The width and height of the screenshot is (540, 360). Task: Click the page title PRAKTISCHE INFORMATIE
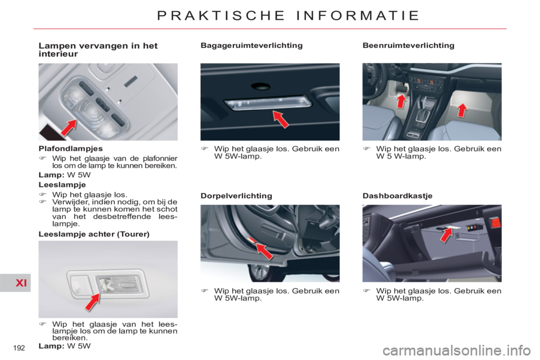pos(288,16)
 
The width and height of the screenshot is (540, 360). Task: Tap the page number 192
pos(19,348)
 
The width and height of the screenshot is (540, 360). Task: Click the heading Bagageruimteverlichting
pos(251,46)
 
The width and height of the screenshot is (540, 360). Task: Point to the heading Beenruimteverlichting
pos(408,46)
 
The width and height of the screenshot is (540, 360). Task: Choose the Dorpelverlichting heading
pos(236,196)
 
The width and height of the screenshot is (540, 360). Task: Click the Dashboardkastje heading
pos(398,196)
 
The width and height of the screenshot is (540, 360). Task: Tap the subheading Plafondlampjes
pos(71,148)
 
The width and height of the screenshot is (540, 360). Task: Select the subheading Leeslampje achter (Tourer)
pos(94,234)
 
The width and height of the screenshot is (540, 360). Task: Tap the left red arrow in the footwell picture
pos(401,101)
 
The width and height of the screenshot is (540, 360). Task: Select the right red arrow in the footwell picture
pos(462,110)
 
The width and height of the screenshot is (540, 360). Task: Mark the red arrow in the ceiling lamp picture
pos(69,128)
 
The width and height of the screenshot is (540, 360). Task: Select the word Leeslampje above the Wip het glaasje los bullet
pos(62,184)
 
